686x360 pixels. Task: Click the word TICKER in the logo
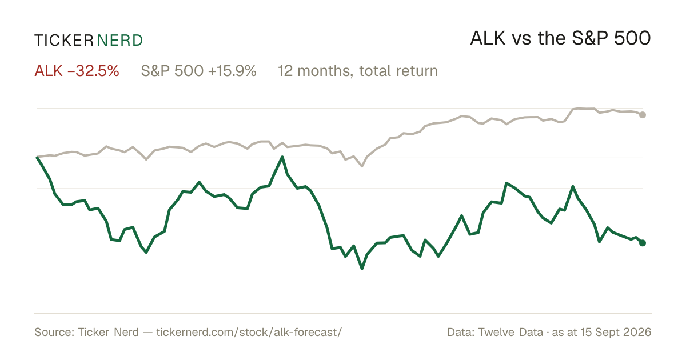pyautogui.click(x=63, y=41)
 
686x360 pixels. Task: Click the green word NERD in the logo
pyautogui.click(x=120, y=41)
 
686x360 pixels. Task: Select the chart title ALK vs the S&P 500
pyautogui.click(x=560, y=38)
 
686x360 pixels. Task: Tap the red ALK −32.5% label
pyautogui.click(x=77, y=71)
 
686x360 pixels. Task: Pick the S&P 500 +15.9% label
pyautogui.click(x=198, y=71)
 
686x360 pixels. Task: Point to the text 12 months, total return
pyautogui.click(x=358, y=71)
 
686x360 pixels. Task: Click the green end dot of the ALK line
pyautogui.click(x=643, y=243)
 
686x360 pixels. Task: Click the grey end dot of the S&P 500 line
pyautogui.click(x=643, y=115)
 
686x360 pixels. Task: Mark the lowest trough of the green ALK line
pyautogui.click(x=362, y=269)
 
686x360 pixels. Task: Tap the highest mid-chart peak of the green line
pyautogui.click(x=282, y=157)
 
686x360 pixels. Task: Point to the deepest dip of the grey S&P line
pyautogui.click(x=362, y=166)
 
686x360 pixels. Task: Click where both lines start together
pyautogui.click(x=37, y=157)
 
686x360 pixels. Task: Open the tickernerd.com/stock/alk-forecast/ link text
pyautogui.click(x=249, y=332)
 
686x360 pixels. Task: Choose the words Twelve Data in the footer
pyautogui.click(x=511, y=332)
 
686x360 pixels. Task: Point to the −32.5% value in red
pyautogui.click(x=93, y=71)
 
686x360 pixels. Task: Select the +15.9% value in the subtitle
pyautogui.click(x=232, y=71)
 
